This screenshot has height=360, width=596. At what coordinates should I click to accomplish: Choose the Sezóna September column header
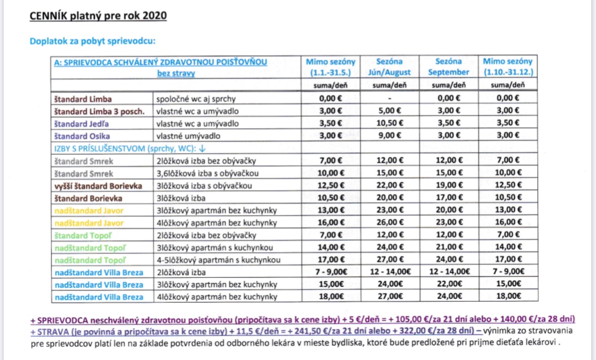pos(448,67)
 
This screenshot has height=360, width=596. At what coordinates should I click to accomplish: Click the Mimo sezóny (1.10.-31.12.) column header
pos(508,67)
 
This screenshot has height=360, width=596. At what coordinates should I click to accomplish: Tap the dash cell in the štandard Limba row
pos(389,98)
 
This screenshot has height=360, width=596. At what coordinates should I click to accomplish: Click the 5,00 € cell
pos(389,111)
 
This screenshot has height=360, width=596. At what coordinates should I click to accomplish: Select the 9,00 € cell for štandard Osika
pos(389,135)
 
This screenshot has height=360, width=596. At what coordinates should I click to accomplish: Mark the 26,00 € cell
pos(389,223)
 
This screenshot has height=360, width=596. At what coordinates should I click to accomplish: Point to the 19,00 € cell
pos(448,186)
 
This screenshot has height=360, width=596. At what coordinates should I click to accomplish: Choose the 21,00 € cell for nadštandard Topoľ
pos(448,248)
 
